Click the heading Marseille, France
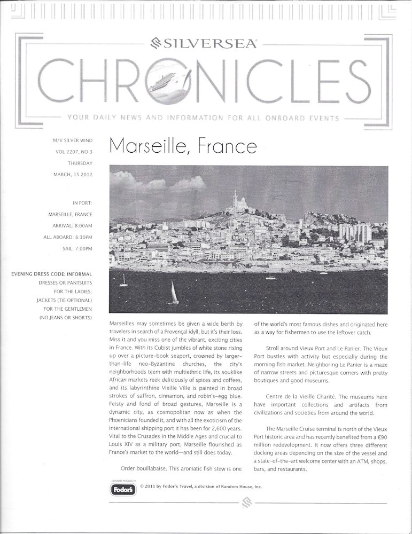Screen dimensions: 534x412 183,146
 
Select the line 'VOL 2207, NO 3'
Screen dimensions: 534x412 74,152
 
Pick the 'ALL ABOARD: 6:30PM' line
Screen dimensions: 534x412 68,237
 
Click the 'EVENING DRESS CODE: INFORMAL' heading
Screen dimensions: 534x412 52,274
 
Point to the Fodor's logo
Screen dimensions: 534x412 123,489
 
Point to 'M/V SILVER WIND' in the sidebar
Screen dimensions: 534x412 73,140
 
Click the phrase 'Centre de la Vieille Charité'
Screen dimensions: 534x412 304,397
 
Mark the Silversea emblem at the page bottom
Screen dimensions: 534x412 246,502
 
